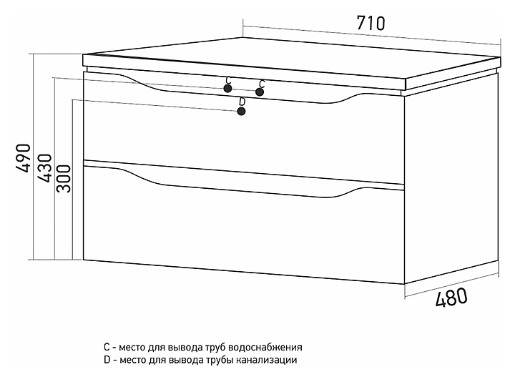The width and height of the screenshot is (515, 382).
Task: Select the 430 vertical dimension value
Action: tap(44, 169)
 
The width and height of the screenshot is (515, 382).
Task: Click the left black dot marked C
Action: tap(227, 89)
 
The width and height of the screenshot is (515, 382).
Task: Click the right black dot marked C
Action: tap(260, 92)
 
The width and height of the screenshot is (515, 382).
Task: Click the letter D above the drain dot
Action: tap(242, 102)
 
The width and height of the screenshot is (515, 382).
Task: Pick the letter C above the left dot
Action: tap(227, 80)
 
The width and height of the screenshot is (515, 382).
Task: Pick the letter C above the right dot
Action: tap(262, 83)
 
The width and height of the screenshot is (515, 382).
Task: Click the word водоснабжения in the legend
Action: tap(268, 347)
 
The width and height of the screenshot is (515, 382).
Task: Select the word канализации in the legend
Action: tap(266, 361)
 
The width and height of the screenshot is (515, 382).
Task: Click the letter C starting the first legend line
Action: tap(107, 347)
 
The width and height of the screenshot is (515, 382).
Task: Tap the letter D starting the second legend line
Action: tap(107, 361)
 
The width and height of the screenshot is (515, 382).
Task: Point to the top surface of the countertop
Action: tap(286, 63)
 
